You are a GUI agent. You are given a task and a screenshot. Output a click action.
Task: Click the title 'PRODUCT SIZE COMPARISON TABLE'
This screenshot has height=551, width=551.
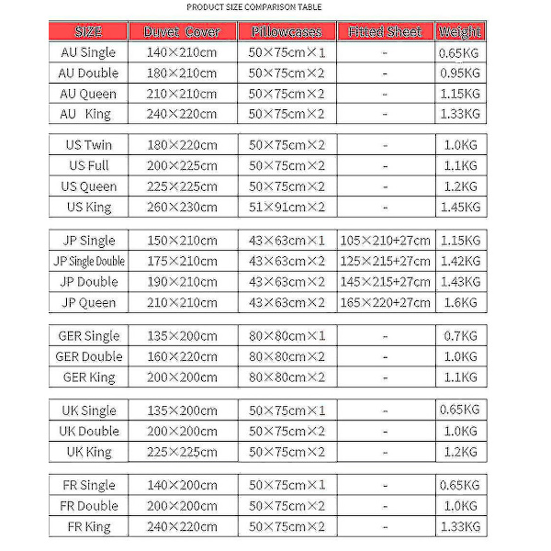pos(254,7)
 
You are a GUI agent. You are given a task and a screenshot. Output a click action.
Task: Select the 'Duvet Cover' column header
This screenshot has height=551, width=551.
pos(182,32)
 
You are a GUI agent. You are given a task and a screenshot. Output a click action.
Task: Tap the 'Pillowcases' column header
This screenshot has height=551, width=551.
pos(287,32)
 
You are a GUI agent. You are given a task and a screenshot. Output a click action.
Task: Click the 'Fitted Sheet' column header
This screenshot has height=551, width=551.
pos(385,32)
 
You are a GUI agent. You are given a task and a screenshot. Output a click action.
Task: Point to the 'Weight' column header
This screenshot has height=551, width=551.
pos(460,32)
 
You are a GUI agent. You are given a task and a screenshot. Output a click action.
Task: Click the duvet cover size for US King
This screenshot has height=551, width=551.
pos(182,208)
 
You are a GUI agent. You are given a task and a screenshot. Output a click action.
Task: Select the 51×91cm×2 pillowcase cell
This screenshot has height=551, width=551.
pos(287,208)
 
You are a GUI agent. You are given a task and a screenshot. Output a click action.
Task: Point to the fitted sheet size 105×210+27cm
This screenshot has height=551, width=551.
pos(385,241)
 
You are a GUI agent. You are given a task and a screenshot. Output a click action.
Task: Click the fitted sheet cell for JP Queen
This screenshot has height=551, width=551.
pos(385,302)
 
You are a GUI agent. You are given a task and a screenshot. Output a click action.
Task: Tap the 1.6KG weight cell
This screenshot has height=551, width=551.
pos(460,302)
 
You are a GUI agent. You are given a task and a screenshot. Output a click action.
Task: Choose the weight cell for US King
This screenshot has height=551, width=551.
pos(460,208)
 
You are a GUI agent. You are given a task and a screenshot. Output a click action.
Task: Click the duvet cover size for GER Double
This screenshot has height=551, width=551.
pos(182,356)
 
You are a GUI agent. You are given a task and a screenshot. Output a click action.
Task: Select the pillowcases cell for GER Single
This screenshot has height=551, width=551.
pos(287,336)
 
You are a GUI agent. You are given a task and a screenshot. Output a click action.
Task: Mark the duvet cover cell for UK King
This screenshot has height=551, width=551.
pos(182,452)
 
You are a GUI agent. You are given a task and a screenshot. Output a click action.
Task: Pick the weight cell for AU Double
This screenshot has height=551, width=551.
pos(460,73)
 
